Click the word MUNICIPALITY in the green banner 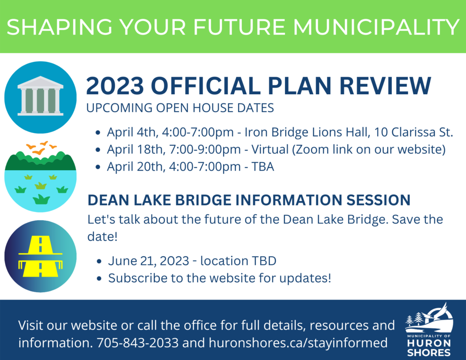tap(376, 27)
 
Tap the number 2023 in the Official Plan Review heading tap(115, 86)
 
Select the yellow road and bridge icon tap(41, 256)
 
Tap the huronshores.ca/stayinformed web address tap(298, 343)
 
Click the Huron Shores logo tap(429, 330)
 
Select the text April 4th tap(132, 132)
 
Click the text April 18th tap(136, 150)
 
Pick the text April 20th tap(136, 167)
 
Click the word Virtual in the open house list tap(270, 149)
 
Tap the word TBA tap(263, 167)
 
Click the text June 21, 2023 tap(149, 261)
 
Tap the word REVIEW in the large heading tap(385, 86)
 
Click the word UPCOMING tap(119, 108)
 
